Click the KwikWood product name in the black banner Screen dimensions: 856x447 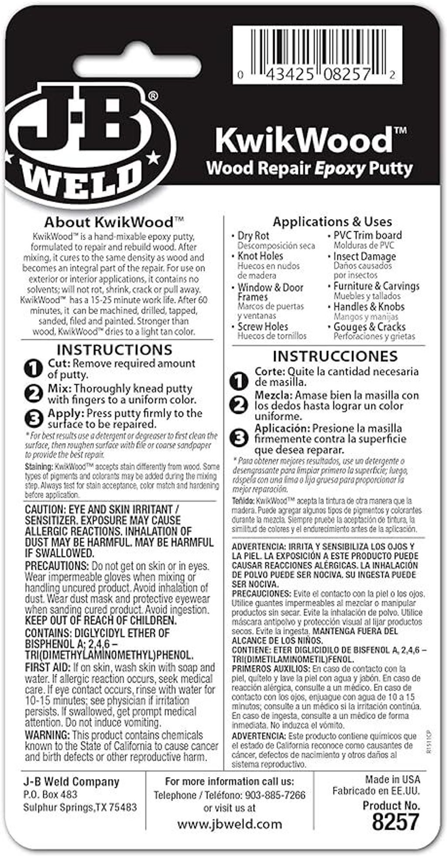(304, 139)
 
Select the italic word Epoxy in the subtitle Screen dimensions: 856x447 (340, 168)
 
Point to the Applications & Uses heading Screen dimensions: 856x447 (332, 221)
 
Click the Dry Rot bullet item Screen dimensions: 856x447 (253, 236)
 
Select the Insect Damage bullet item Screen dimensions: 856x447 (364, 256)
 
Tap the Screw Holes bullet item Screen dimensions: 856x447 (262, 327)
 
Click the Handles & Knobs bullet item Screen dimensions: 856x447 (369, 306)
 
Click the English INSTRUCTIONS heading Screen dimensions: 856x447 (114, 350)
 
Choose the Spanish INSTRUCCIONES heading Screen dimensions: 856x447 (335, 356)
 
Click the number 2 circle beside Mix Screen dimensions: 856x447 (33, 394)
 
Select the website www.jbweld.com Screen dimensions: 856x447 (230, 824)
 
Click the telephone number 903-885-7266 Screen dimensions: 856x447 (275, 795)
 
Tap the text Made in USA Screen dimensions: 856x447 (392, 779)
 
